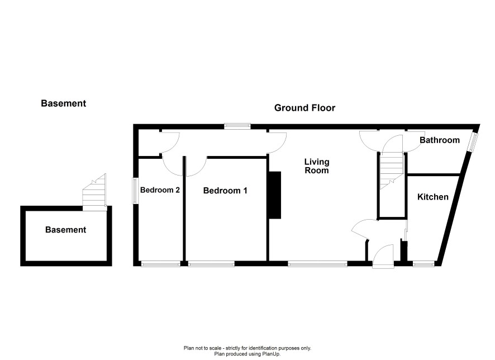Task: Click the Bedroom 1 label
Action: click(x=225, y=191)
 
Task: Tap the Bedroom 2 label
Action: click(x=160, y=190)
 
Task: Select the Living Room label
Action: click(x=317, y=166)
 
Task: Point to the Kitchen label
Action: click(x=433, y=197)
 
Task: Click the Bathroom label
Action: click(x=440, y=140)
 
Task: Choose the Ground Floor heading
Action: click(x=304, y=108)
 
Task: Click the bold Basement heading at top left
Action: click(x=64, y=103)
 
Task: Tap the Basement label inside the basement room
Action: click(x=66, y=230)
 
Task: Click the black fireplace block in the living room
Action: click(x=274, y=195)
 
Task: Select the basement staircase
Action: click(x=94, y=192)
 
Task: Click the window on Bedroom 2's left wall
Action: click(x=135, y=191)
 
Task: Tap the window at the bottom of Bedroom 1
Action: click(x=211, y=264)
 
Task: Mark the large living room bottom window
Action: click(x=317, y=264)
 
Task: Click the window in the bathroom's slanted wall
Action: click(x=473, y=141)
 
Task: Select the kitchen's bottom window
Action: click(x=423, y=264)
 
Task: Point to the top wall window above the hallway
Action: click(x=237, y=126)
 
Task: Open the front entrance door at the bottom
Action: click(x=383, y=257)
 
